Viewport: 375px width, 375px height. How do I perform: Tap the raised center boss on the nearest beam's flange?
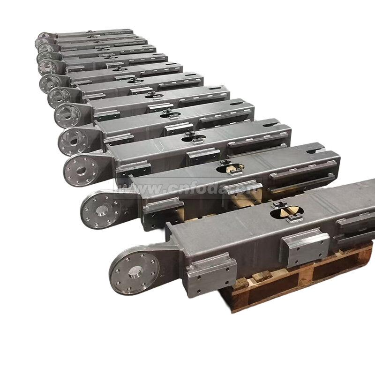(x=135, y=272)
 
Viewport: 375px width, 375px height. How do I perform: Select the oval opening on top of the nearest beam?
(x=287, y=212)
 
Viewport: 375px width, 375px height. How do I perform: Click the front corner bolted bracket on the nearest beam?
(x=211, y=274)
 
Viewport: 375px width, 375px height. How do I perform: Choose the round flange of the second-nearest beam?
(x=101, y=209)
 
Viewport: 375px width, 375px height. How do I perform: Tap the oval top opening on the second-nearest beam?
(x=230, y=169)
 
